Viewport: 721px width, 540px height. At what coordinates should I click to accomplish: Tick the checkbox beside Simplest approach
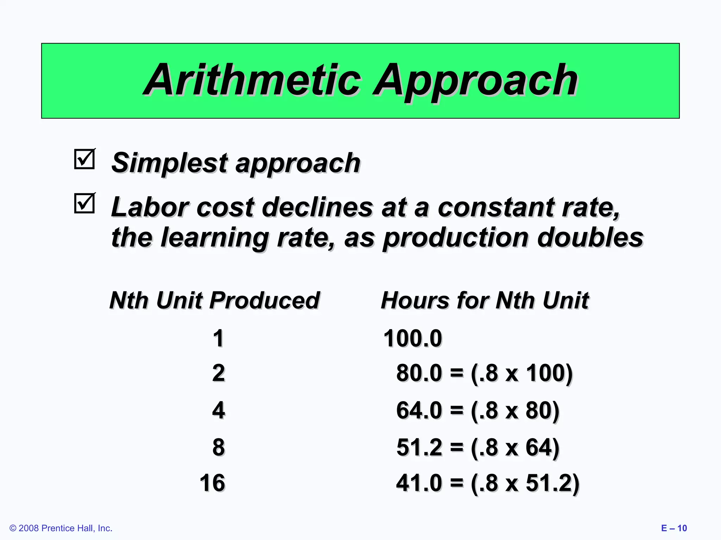pos(84,159)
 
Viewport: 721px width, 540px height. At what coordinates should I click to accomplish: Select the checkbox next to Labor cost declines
pos(84,203)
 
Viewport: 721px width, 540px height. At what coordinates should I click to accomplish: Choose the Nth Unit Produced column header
pos(214,301)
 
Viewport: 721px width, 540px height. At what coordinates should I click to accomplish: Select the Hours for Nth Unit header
pos(485,301)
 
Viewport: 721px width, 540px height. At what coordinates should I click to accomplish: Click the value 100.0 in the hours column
pos(413,339)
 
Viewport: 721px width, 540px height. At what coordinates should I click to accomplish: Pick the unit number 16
pos(212,483)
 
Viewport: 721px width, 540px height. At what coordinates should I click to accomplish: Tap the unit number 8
pos(218,447)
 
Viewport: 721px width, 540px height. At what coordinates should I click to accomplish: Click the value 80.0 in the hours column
pos(419,373)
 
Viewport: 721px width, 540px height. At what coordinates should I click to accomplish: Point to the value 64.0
pos(419,410)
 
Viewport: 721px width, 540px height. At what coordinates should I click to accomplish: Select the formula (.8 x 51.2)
pos(525,483)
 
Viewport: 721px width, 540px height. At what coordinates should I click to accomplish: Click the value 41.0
pos(419,483)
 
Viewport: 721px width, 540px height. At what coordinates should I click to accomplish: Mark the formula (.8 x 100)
pos(521,373)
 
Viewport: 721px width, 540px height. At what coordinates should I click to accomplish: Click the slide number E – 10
pos(674,528)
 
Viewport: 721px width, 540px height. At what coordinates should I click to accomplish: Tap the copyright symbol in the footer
pos(13,528)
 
